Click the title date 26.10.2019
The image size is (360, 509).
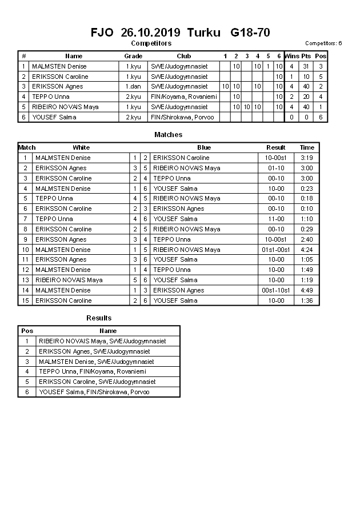[151, 33]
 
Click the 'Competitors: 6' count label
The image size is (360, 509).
[323, 43]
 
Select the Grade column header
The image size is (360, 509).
[133, 56]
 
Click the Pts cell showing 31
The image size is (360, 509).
[306, 66]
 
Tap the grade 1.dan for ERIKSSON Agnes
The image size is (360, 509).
[133, 87]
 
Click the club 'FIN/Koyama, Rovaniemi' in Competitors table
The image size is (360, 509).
[183, 97]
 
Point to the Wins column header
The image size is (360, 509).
[291, 56]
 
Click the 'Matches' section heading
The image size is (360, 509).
[169, 135]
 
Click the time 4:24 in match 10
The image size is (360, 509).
[307, 250]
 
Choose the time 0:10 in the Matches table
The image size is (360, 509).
[307, 209]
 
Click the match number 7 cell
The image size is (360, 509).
[25, 219]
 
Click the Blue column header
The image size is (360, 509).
[204, 147]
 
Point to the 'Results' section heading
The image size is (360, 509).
[99, 318]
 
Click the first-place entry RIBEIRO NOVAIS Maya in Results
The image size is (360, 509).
[102, 341]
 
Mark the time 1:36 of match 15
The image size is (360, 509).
[307, 300]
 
